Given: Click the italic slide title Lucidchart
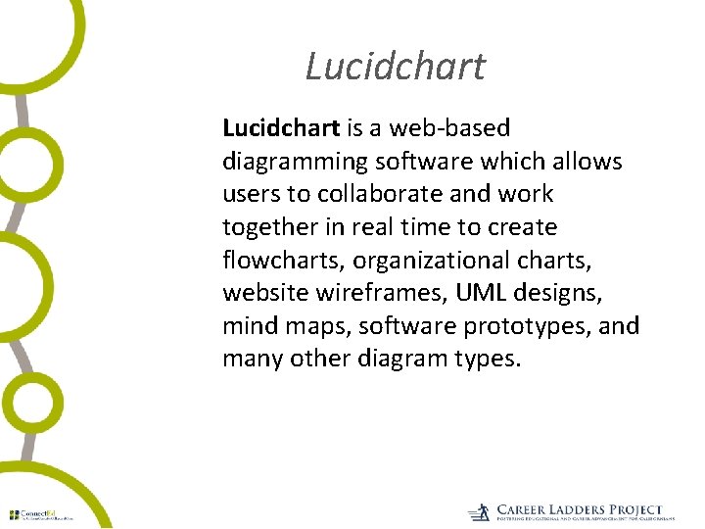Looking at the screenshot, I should click(x=395, y=67).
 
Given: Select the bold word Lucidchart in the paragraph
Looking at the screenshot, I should click(x=281, y=127).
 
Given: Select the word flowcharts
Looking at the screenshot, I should click(x=283, y=261).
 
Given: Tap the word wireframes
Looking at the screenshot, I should click(x=368, y=293).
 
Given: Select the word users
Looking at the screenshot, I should click(x=249, y=194).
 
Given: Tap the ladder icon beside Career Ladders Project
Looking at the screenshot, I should click(x=479, y=512).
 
